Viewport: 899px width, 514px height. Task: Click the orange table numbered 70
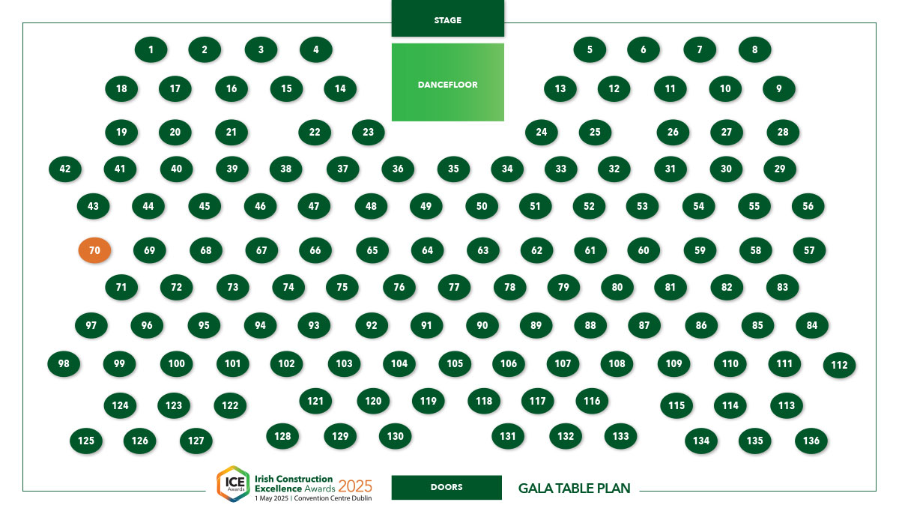coord(94,250)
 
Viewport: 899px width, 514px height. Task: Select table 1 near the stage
coord(151,49)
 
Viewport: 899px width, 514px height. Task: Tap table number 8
coord(754,49)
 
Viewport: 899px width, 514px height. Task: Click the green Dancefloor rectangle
coord(448,82)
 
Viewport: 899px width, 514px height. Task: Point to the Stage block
coord(448,19)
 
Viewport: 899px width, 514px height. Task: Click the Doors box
coord(447,488)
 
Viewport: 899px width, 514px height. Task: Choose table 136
coord(811,441)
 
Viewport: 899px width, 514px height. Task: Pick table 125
coord(86,441)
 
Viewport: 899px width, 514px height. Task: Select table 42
coord(65,169)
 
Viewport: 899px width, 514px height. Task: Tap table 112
coord(839,365)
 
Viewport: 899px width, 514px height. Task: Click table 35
coord(453,169)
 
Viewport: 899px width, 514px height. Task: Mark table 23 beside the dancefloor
coord(369,133)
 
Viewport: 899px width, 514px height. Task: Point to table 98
coord(64,364)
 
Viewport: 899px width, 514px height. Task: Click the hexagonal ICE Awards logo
coord(234,484)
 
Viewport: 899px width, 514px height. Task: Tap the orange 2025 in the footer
coord(355,486)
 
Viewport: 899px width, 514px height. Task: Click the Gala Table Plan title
coord(575,489)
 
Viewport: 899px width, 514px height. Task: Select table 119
coord(429,402)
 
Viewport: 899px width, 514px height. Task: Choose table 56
coord(808,206)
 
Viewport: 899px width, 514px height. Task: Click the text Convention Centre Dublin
coord(333,498)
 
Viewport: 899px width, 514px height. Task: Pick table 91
coord(426,325)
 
